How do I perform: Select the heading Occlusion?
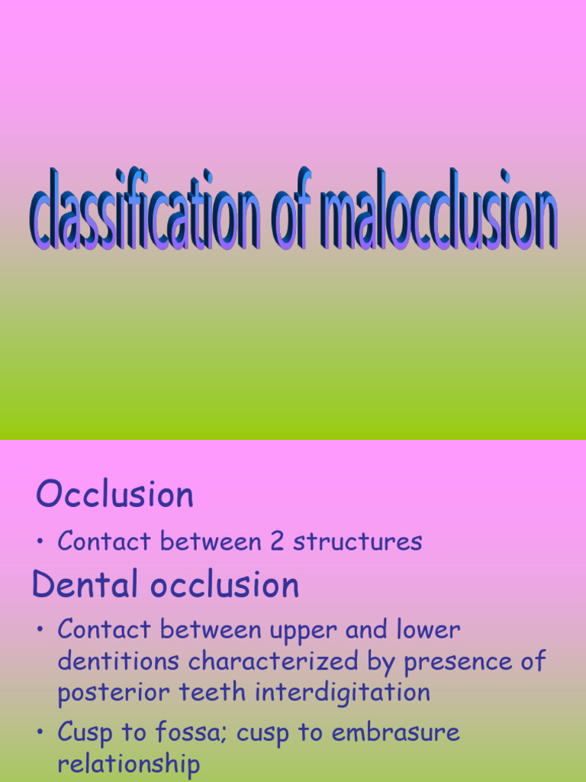pyautogui.click(x=114, y=495)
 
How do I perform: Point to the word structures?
pyautogui.click(x=358, y=541)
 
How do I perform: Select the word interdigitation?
pyautogui.click(x=343, y=693)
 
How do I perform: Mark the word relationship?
pyautogui.click(x=129, y=764)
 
